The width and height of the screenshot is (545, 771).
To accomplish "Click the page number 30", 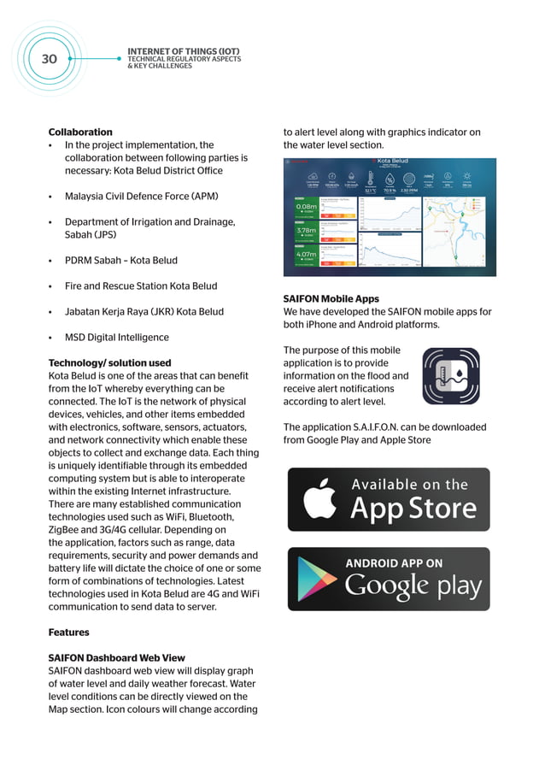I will point(49,59).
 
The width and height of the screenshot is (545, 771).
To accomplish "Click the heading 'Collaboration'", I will point(80,132).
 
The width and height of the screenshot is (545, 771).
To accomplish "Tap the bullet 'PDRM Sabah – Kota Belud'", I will point(121,261).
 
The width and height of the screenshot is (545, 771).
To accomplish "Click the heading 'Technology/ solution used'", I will point(109,363).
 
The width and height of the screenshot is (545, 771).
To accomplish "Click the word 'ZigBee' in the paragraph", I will point(66,530).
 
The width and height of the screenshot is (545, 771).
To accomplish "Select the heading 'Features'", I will point(68,633).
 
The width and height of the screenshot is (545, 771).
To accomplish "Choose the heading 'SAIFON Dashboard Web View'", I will point(116,658).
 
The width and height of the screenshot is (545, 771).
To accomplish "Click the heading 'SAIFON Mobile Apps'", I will point(331,299).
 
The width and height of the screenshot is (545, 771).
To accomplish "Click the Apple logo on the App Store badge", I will point(319,501).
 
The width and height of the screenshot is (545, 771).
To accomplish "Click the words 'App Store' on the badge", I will point(413,509).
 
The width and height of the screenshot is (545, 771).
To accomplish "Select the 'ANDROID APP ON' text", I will point(394,563).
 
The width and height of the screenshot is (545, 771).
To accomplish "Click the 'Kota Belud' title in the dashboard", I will point(393,162).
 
